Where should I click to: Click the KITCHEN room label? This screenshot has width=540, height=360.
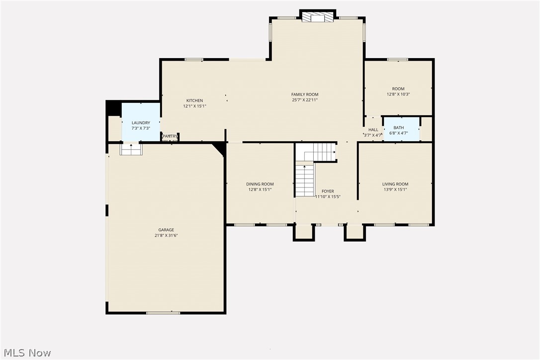(194, 100)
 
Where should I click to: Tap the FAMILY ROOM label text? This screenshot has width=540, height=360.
(305, 94)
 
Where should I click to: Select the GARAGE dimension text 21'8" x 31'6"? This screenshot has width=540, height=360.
(166, 236)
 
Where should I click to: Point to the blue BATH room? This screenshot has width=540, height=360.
(401, 129)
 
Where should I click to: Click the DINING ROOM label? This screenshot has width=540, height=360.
(260, 184)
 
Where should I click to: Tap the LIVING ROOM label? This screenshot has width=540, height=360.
(395, 184)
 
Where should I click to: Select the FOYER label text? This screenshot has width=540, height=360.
(328, 191)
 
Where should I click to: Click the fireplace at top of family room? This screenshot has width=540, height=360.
(317, 18)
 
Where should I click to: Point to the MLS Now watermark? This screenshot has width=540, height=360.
(26, 353)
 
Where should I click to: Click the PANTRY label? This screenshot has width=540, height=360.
(170, 136)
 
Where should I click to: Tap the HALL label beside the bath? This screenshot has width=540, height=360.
(373, 130)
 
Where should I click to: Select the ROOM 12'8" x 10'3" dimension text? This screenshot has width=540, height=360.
(398, 94)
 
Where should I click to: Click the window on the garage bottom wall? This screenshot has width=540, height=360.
(163, 313)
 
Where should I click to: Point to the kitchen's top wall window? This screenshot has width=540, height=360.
(193, 60)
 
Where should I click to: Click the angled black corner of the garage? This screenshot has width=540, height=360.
(220, 148)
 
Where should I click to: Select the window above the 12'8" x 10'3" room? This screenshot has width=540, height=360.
(397, 60)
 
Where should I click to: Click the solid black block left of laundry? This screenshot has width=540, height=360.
(113, 108)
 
